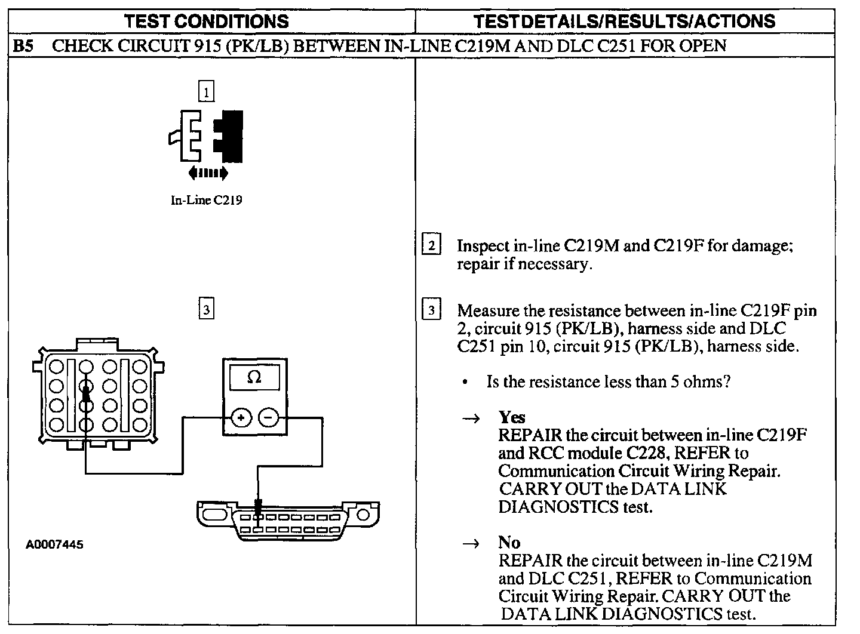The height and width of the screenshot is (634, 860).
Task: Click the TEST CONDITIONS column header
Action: tap(207, 21)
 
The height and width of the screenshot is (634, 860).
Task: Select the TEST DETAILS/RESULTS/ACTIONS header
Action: tap(624, 21)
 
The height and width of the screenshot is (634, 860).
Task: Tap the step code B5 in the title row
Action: tap(23, 46)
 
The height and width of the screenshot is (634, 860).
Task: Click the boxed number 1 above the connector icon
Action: tap(206, 93)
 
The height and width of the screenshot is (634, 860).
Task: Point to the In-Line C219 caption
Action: tap(206, 201)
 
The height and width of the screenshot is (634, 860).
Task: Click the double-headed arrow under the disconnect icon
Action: tap(207, 173)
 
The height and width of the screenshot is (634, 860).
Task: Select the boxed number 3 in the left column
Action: tap(206, 309)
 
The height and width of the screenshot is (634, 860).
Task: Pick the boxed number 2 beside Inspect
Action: tap(431, 245)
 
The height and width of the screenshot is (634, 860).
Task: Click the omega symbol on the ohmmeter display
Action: tap(254, 377)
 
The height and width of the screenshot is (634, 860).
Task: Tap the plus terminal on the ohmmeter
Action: tap(241, 417)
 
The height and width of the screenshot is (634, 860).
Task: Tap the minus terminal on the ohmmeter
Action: tap(269, 417)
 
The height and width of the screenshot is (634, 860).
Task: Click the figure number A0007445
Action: tap(54, 544)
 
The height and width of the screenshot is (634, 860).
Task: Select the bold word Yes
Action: tap(512, 417)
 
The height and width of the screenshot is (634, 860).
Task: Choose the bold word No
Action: tap(509, 542)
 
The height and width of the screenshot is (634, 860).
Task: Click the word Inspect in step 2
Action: tap(483, 245)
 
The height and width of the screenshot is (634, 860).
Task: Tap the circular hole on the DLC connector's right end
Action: tap(362, 515)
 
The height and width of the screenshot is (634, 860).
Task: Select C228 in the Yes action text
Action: tap(622, 453)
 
